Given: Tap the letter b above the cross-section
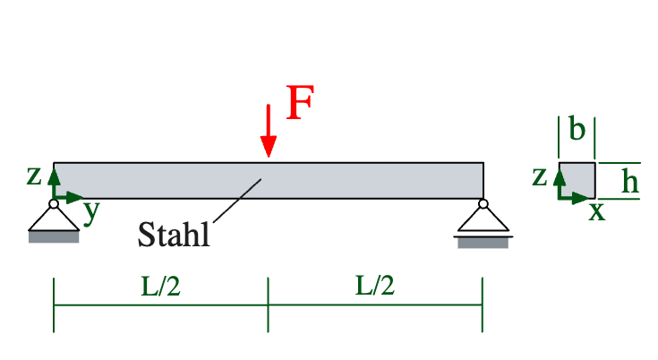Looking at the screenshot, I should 577,131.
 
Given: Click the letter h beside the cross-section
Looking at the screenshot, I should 630,183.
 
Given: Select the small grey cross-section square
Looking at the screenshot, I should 578,179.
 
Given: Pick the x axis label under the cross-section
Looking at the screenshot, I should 596,212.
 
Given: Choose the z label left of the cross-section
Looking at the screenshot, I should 539,176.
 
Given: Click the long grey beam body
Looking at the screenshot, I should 358,180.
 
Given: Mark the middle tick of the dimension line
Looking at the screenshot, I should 268,304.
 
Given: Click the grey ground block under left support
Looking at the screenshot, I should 54,237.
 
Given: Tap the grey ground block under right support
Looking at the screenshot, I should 483,242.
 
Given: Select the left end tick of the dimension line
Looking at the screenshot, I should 54,304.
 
